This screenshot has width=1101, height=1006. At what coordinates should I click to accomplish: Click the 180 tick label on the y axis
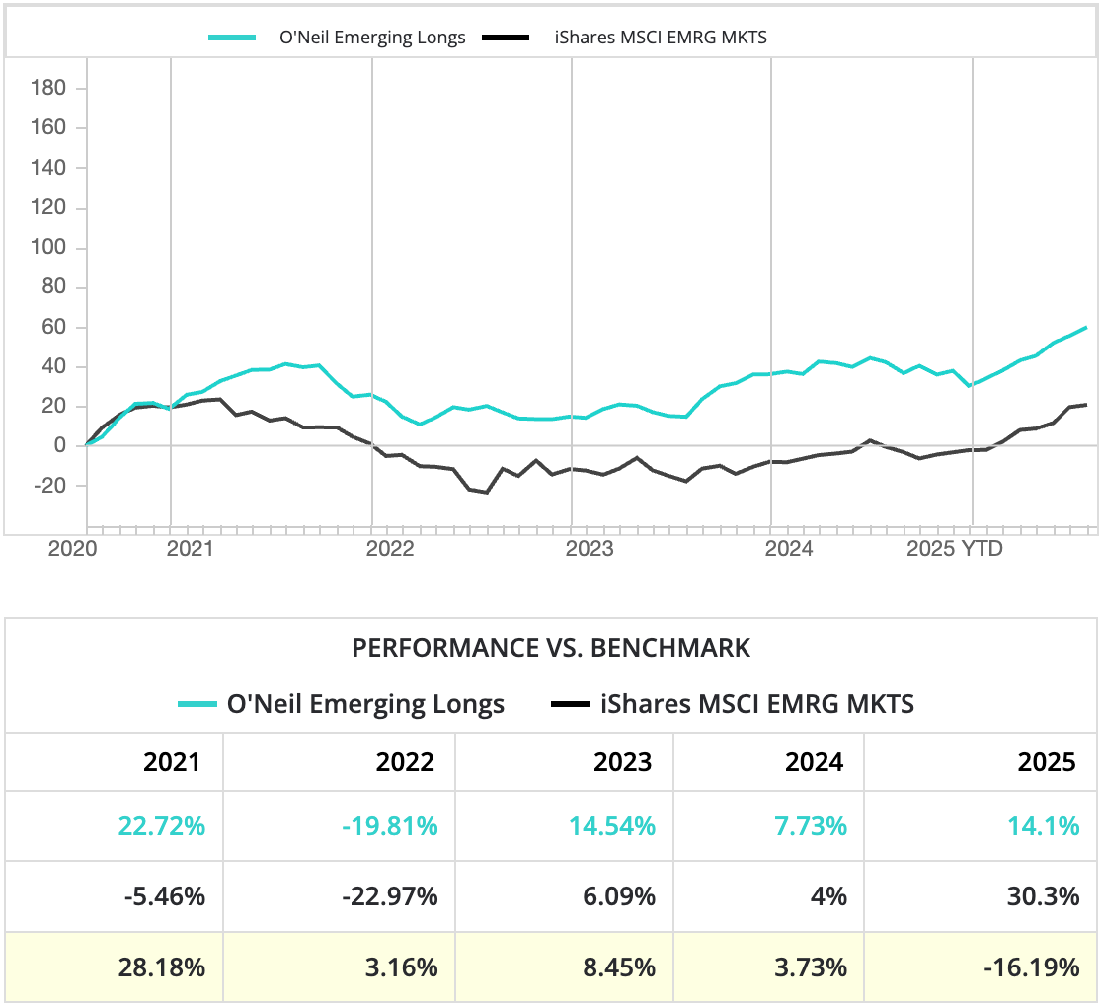(48, 89)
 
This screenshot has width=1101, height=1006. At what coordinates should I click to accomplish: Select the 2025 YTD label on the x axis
(954, 549)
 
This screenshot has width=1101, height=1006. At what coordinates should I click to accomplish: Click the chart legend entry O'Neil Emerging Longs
(371, 38)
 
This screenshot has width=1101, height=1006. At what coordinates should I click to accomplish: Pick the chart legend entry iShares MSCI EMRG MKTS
(661, 38)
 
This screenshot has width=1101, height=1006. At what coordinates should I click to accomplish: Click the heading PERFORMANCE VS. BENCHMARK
(551, 648)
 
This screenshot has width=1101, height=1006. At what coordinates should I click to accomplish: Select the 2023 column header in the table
(622, 762)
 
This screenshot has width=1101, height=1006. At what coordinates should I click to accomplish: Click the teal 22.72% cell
(162, 826)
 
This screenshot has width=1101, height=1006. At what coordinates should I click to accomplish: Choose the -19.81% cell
(390, 826)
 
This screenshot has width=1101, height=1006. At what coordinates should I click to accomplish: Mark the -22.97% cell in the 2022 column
(390, 897)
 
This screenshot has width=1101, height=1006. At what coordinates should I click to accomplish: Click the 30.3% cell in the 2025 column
(1045, 897)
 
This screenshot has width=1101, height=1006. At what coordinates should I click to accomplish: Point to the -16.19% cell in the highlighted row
(1031, 967)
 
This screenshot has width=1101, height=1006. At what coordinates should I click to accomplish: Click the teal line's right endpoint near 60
(1086, 327)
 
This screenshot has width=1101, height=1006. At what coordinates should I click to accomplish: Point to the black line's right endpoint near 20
(1086, 405)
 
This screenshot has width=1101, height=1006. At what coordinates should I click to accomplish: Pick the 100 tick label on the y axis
(48, 248)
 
